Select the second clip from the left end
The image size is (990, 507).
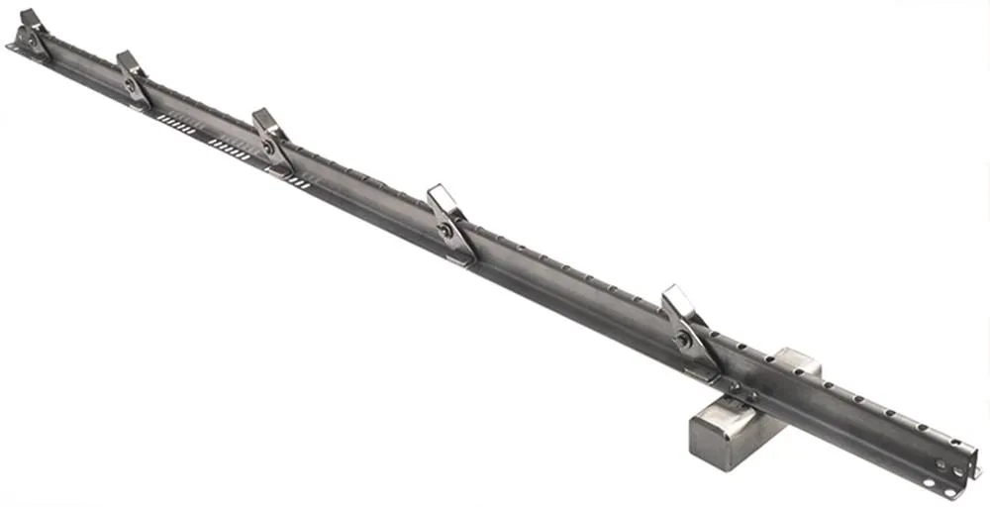click(x=133, y=77)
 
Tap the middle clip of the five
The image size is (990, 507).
click(x=270, y=139)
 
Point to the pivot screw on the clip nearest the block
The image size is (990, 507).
click(x=682, y=339)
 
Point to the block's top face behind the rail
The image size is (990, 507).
click(x=797, y=361)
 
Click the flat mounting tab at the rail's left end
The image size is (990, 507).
click(x=15, y=46)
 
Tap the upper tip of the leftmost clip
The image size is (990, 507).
click(x=27, y=15)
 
